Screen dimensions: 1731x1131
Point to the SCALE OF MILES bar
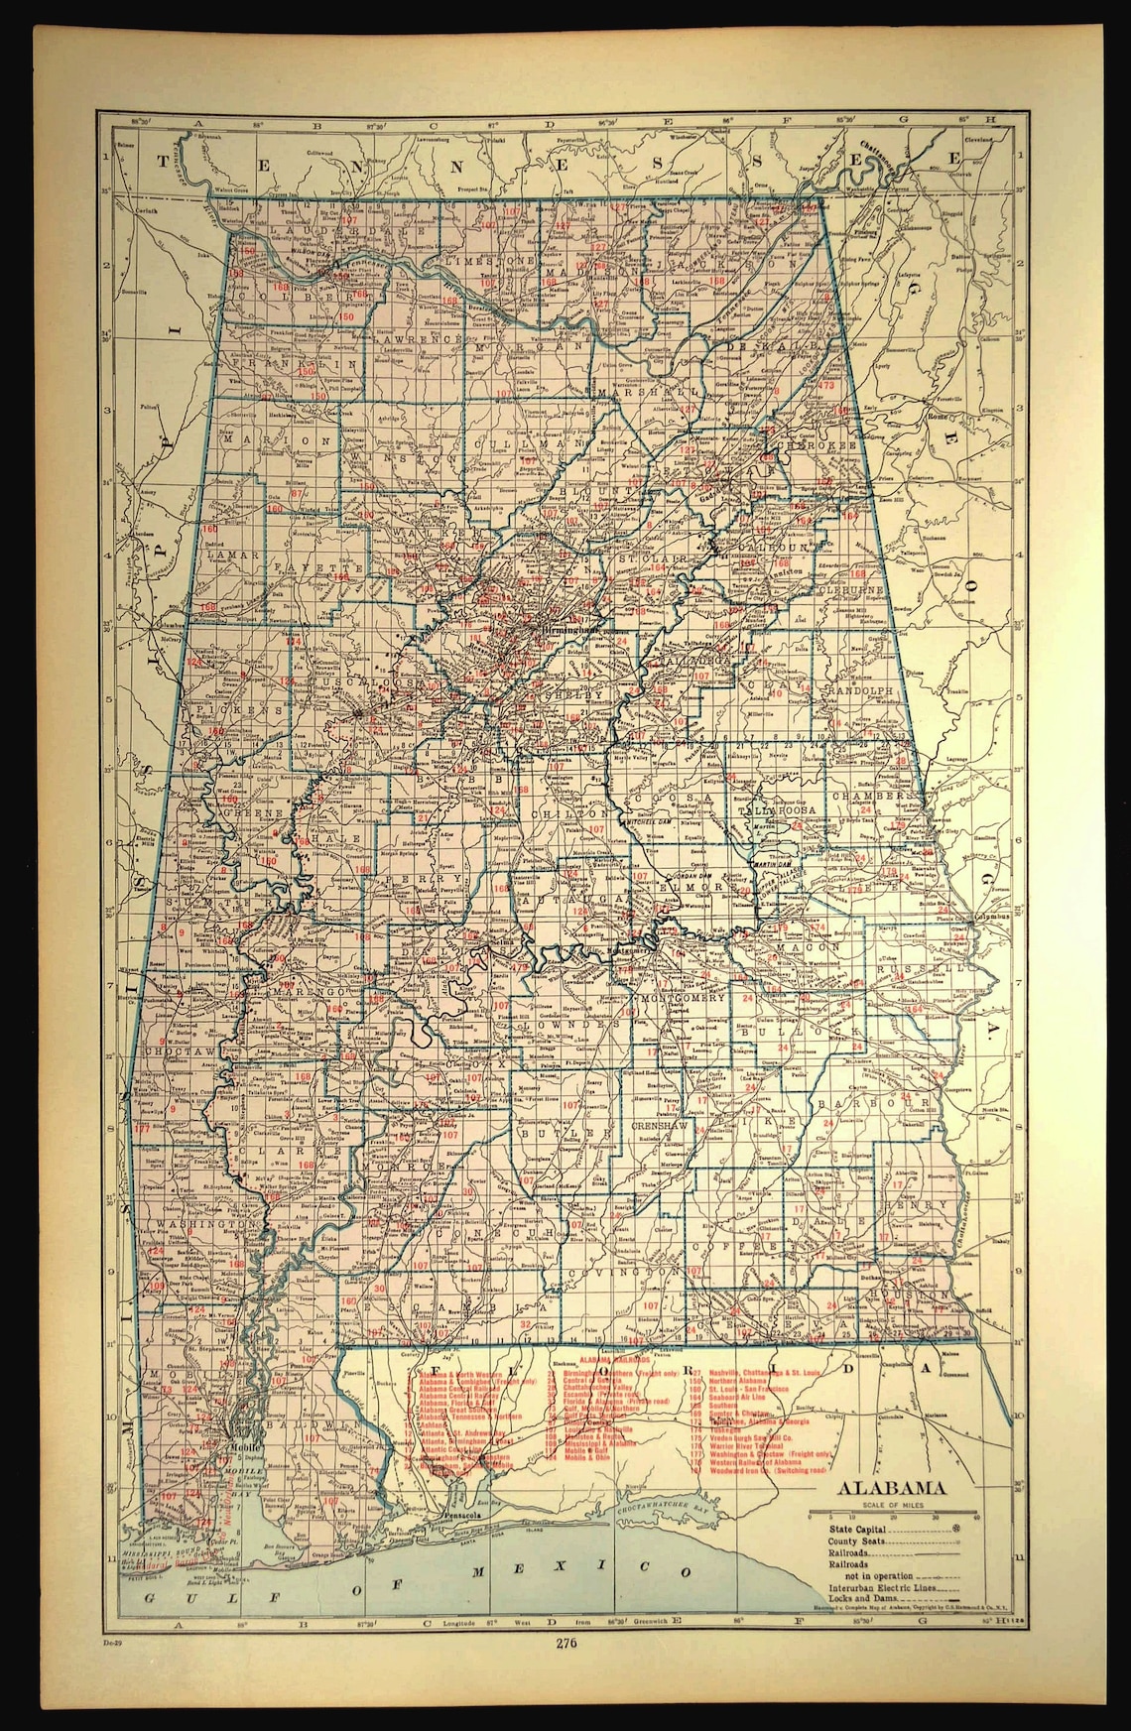[x=892, y=1515]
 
